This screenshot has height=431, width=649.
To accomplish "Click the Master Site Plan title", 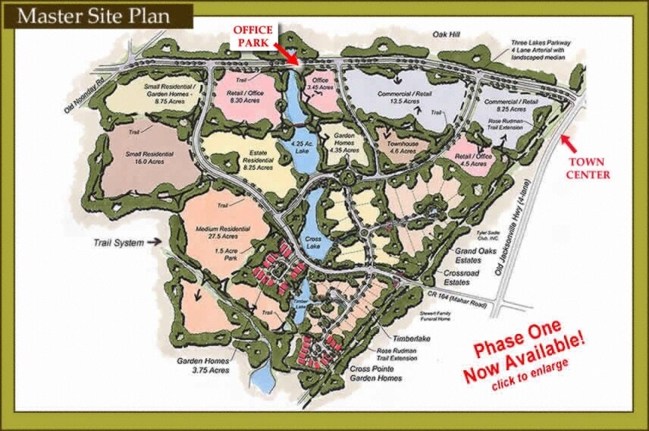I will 96,14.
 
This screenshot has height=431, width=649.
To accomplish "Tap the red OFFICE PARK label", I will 252,35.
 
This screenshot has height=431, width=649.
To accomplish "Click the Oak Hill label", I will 447,33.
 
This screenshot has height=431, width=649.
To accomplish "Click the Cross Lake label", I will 313,240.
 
